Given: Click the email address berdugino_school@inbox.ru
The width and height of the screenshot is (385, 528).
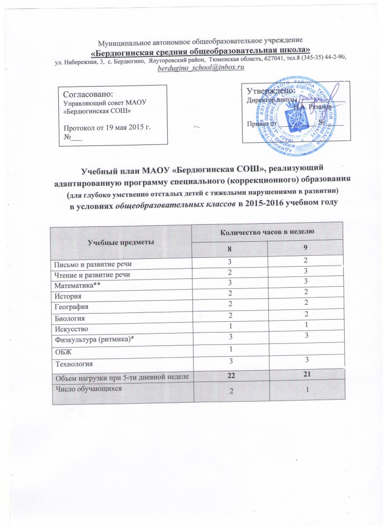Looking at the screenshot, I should (x=201, y=68).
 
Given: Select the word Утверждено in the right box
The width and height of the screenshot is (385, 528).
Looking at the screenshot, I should (x=271, y=91).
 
